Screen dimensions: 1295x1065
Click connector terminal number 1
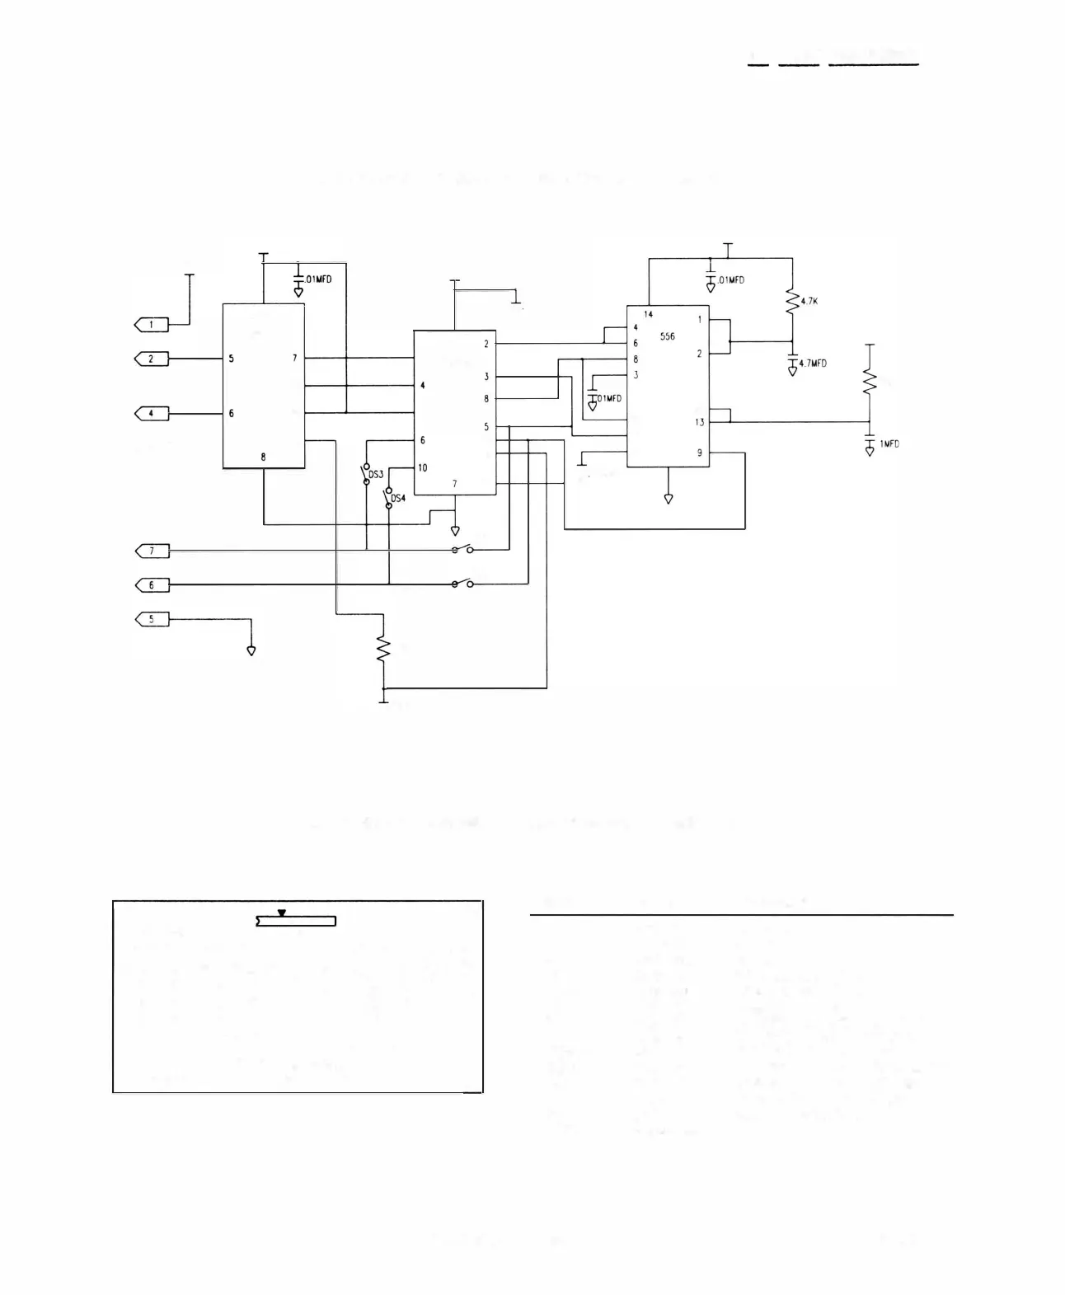point(152,325)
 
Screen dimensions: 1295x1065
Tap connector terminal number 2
point(152,359)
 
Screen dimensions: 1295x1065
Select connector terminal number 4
point(152,413)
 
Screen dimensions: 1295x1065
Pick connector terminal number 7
point(152,550)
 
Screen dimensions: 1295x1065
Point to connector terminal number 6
point(152,584)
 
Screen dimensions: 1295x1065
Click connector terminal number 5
point(152,618)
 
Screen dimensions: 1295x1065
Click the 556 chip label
point(667,336)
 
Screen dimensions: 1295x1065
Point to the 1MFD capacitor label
point(889,444)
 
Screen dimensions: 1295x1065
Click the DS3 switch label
point(375,475)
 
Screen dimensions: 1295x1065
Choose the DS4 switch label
point(398,499)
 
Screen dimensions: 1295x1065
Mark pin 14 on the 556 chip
point(649,314)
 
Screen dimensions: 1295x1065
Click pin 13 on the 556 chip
point(699,422)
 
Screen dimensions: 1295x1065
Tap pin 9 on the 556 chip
point(700,453)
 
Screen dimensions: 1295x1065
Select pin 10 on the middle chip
point(422,467)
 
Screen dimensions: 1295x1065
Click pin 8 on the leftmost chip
point(263,457)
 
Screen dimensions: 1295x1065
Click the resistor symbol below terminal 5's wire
point(382,648)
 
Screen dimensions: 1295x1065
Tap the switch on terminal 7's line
point(462,550)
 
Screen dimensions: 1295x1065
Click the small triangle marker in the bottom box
point(282,913)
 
